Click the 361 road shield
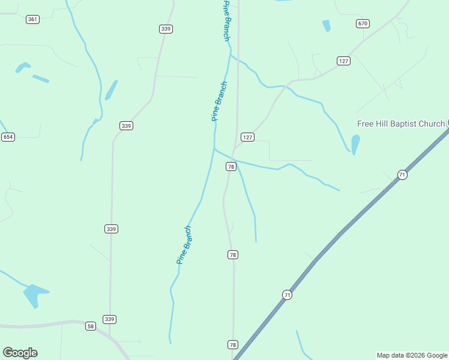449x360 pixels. coord(33,19)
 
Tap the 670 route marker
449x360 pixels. coord(362,23)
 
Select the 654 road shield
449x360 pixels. coord(8,137)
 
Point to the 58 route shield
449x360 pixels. coord(91,326)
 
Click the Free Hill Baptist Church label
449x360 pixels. coord(400,124)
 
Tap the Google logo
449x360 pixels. coord(20,353)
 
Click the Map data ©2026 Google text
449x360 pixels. coord(412,355)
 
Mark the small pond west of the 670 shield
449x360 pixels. coord(326,26)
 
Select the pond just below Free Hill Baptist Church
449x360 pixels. coord(355,144)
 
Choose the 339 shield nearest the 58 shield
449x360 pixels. coord(109,319)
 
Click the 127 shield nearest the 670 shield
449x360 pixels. coord(343,61)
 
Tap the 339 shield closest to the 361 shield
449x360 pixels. coord(166,29)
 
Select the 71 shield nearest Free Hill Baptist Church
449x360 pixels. coord(402,175)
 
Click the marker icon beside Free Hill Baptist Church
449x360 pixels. coord(448,123)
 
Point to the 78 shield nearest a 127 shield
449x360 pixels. coord(231,166)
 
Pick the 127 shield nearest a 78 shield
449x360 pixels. coord(248,137)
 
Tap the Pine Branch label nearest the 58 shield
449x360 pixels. coord(184,245)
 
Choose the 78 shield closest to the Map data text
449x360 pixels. coord(233,344)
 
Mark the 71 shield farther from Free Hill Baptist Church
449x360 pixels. coord(288,295)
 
